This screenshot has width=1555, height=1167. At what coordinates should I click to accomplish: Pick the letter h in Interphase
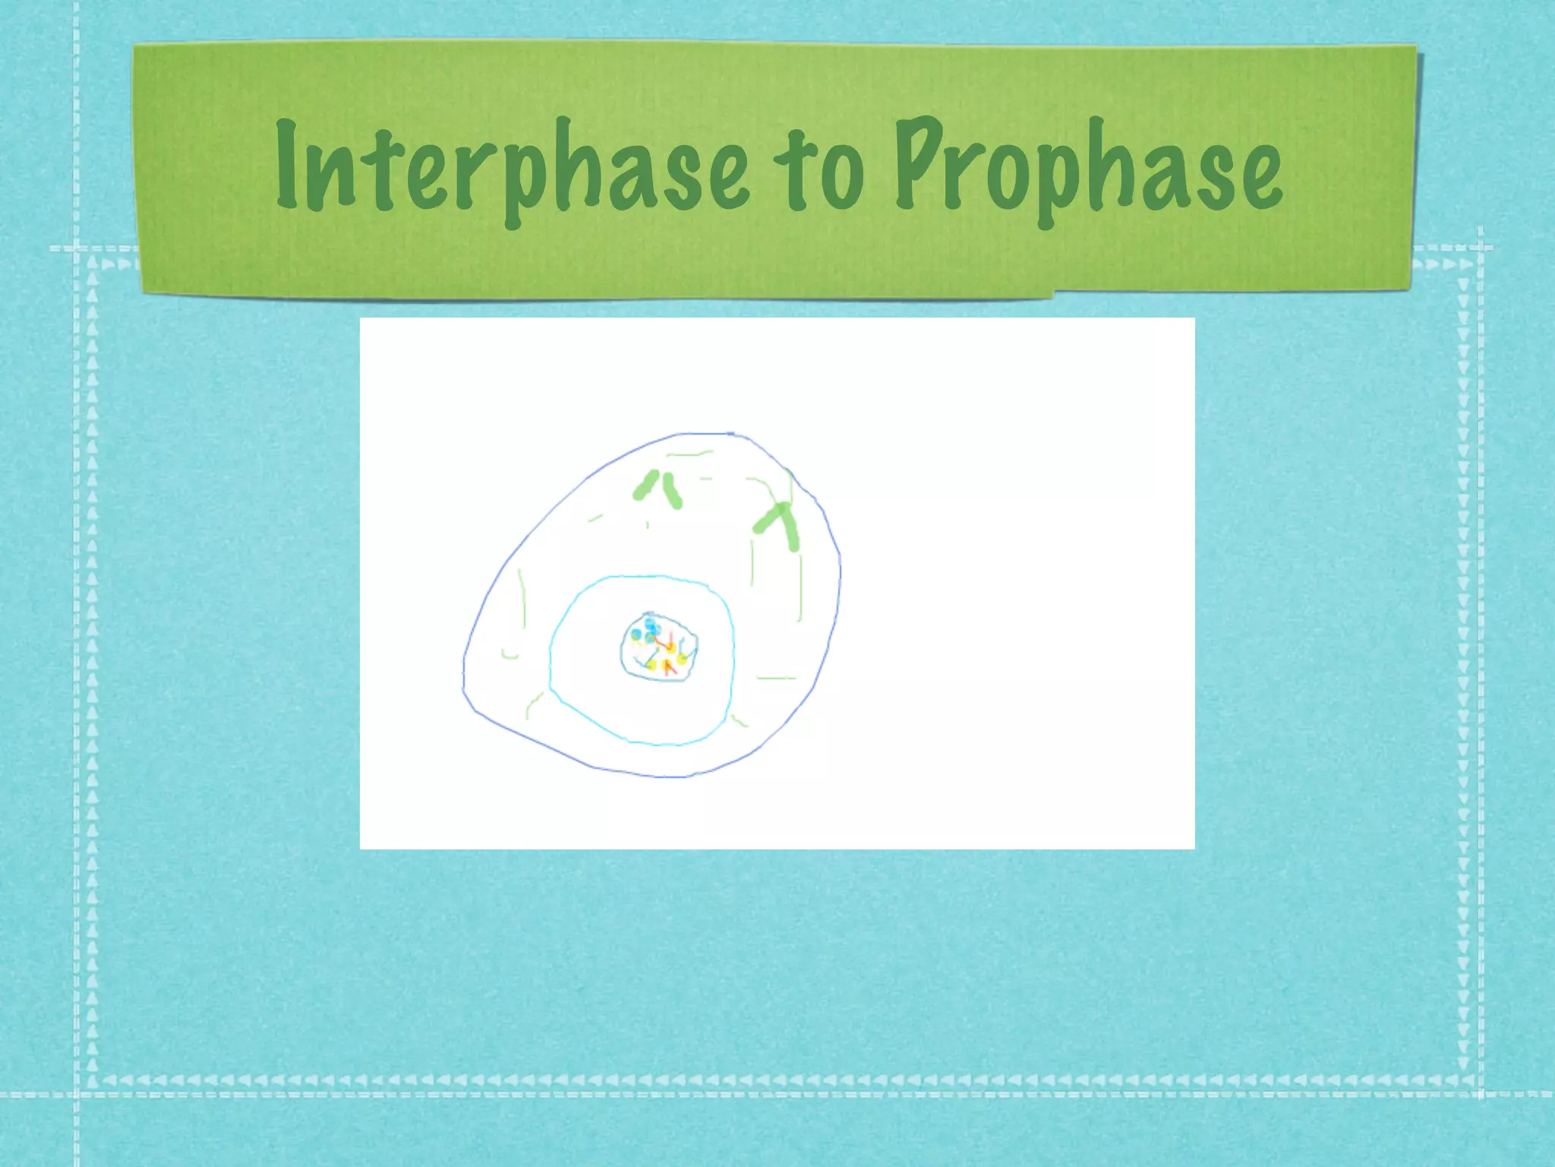point(571,167)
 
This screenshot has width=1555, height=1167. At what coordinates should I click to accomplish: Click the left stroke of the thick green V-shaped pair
point(646,485)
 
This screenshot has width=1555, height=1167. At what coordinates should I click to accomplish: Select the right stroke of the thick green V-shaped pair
point(673,491)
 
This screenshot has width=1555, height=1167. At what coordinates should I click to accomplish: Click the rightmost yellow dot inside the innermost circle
point(683,658)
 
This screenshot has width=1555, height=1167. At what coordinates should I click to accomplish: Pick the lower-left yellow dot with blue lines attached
point(651,664)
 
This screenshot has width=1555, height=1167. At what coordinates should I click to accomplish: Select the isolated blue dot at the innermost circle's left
point(636,634)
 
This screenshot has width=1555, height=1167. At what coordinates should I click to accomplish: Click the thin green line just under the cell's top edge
point(689,454)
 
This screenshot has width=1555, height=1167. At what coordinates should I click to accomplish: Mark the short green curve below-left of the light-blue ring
point(534,704)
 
